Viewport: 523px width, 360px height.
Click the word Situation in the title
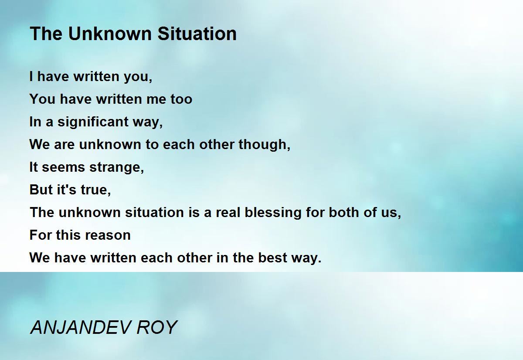pyautogui.click(x=197, y=34)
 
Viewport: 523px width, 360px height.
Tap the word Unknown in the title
pyautogui.click(x=110, y=34)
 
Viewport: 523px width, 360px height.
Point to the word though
pyautogui.click(x=264, y=145)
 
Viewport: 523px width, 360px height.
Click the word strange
pyautogui.click(x=116, y=168)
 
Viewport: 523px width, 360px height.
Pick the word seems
pyautogui.click(x=63, y=167)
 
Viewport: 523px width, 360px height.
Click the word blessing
pyautogui.click(x=273, y=213)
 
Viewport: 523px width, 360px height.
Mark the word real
pyautogui.click(x=228, y=212)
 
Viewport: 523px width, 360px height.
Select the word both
pyautogui.click(x=344, y=212)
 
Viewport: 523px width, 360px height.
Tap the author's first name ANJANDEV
pyautogui.click(x=80, y=327)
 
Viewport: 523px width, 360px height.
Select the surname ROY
pyautogui.click(x=156, y=327)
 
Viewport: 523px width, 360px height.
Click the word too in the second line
pyautogui.click(x=181, y=99)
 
